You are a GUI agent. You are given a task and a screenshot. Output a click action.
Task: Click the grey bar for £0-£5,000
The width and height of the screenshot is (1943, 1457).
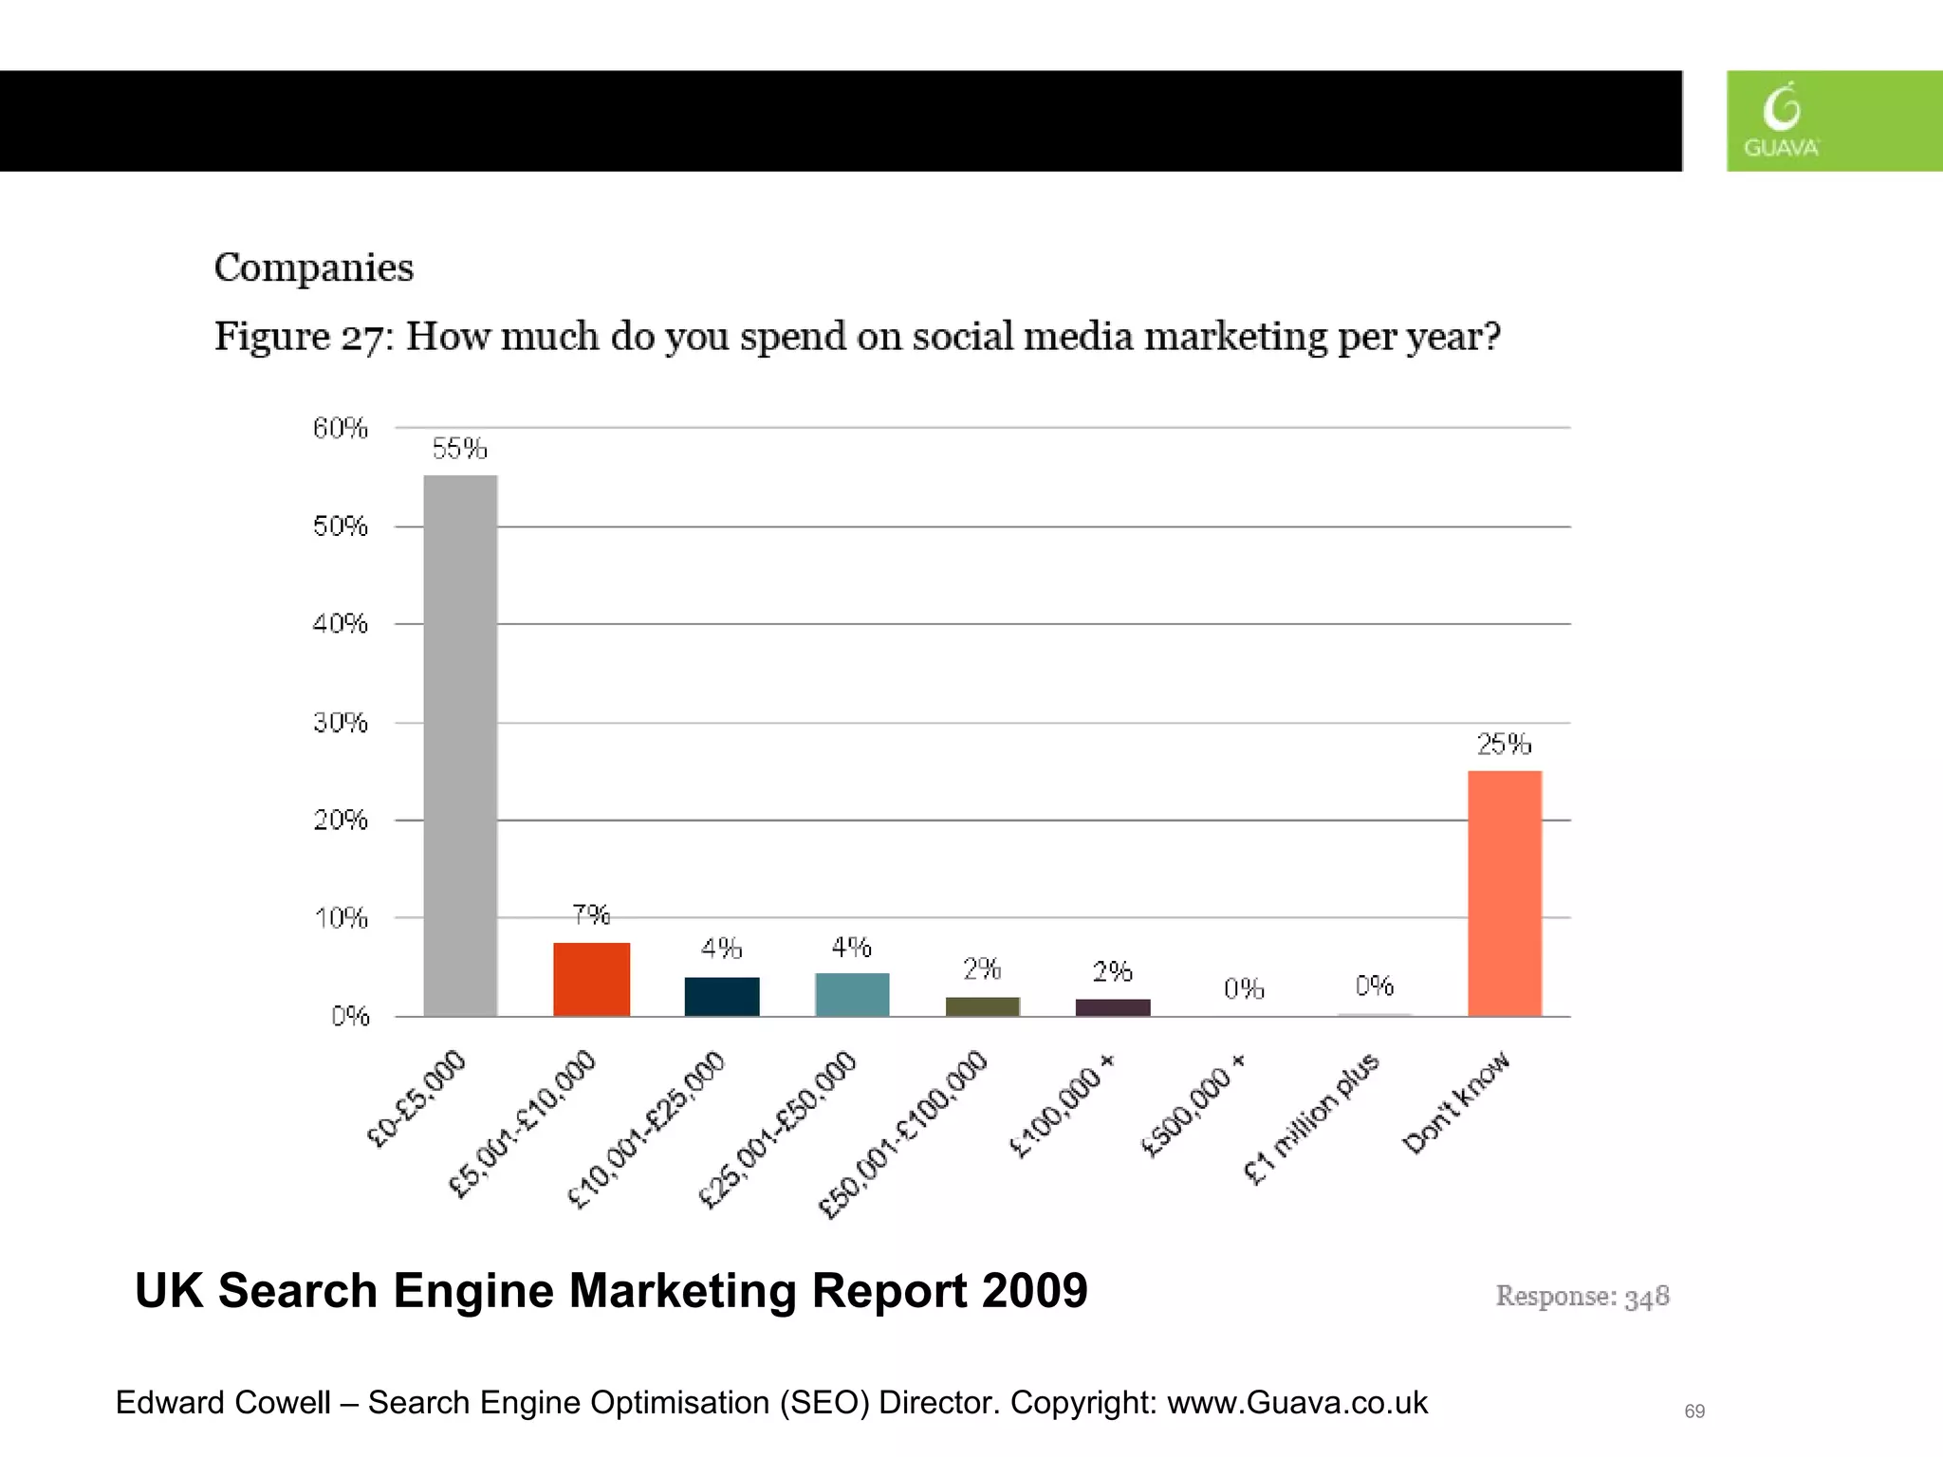[x=460, y=745]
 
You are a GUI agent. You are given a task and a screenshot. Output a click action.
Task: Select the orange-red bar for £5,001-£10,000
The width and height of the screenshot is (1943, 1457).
[x=591, y=979]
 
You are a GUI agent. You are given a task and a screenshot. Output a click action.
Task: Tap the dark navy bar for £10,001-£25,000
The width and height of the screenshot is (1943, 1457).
[x=721, y=996]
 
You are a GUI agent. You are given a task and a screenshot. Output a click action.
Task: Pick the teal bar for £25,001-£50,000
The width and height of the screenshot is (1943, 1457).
[x=852, y=994]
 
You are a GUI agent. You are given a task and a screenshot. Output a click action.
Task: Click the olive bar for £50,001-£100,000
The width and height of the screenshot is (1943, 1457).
[x=982, y=1006]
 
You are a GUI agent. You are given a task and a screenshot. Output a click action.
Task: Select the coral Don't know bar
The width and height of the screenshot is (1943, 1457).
[x=1505, y=893]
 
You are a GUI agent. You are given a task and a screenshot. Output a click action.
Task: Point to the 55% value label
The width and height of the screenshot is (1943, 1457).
[x=460, y=449]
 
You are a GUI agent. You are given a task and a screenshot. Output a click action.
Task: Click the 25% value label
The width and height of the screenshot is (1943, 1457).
[x=1504, y=745]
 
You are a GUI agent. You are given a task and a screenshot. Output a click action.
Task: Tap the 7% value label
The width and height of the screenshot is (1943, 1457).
[x=591, y=914]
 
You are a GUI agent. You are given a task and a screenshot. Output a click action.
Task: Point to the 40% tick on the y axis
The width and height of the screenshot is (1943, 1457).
[x=341, y=624]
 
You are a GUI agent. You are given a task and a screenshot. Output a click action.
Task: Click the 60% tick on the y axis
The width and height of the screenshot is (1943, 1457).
[x=341, y=429]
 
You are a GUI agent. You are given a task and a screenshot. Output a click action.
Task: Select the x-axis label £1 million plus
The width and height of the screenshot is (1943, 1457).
[x=1312, y=1118]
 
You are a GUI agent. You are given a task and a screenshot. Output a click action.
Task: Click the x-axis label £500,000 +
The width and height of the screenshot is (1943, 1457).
[x=1193, y=1107]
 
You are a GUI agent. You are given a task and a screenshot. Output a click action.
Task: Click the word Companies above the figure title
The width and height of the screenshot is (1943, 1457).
[x=314, y=268]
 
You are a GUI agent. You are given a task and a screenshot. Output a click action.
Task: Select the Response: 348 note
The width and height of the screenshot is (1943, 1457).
[x=1582, y=1297]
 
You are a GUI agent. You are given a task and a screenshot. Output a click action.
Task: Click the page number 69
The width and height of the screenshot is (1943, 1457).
[x=1694, y=1411]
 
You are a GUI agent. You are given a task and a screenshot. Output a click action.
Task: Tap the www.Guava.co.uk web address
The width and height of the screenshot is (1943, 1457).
[x=1296, y=1403]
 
